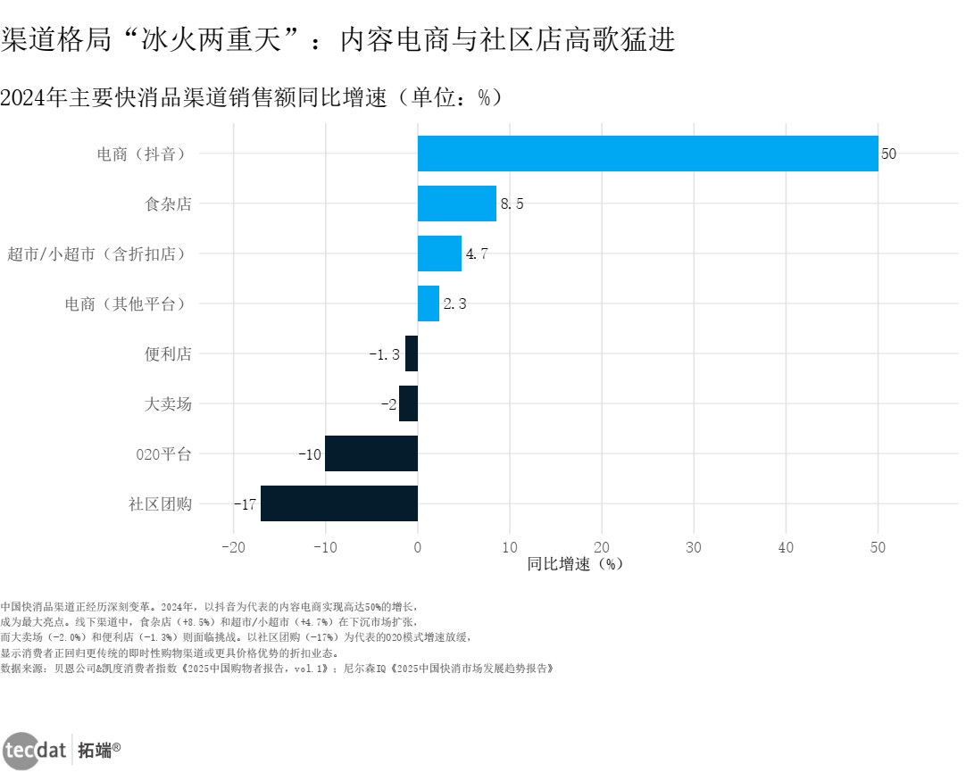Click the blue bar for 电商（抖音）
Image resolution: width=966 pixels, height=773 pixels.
click(x=647, y=154)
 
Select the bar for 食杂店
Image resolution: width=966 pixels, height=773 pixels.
click(x=456, y=204)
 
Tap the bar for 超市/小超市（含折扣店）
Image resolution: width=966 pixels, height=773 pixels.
click(x=439, y=254)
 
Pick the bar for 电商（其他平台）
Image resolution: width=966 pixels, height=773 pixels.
click(x=429, y=303)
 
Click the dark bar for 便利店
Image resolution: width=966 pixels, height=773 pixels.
click(x=412, y=353)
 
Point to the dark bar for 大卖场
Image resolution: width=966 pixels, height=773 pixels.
click(x=408, y=403)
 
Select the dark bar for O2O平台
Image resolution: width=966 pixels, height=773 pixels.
click(x=371, y=453)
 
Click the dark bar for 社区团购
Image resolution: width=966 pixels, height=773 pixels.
click(x=339, y=503)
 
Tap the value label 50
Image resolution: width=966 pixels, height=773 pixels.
click(x=888, y=154)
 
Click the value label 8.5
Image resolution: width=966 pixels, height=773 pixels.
click(x=512, y=204)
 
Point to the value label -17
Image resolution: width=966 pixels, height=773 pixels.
click(x=245, y=504)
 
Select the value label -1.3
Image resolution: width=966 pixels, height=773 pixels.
click(x=384, y=354)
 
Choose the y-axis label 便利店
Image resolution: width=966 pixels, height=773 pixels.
click(x=168, y=354)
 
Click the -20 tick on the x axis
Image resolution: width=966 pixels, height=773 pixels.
click(x=233, y=547)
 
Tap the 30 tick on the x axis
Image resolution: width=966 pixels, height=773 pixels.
click(x=694, y=547)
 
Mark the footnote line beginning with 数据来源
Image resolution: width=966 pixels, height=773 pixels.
click(x=277, y=667)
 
